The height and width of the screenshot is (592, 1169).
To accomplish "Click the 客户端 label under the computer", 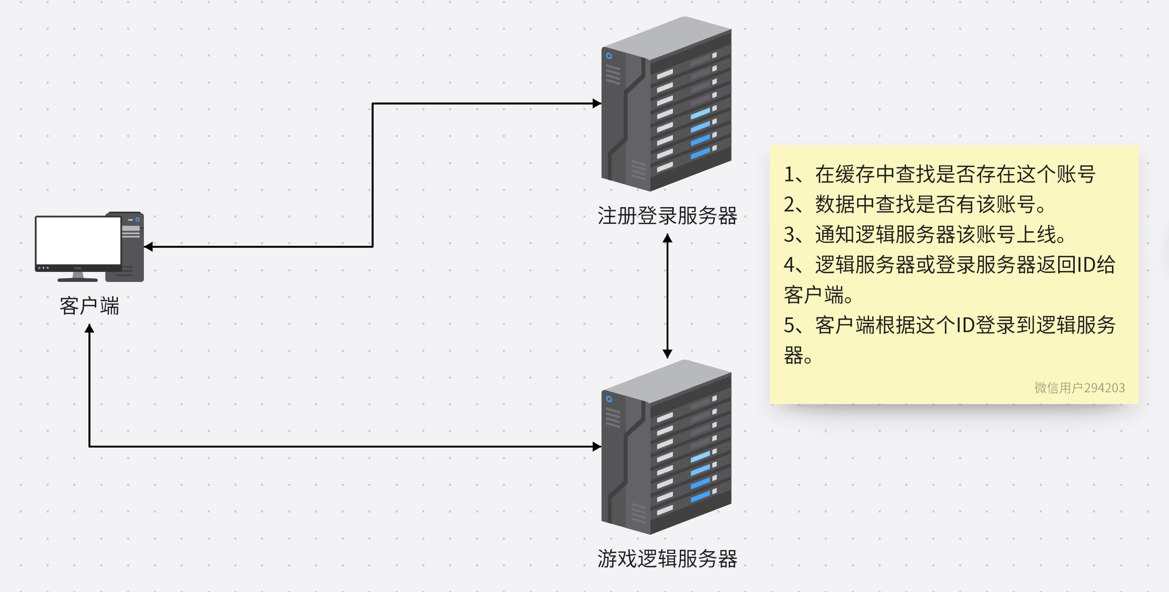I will pyautogui.click(x=89, y=306).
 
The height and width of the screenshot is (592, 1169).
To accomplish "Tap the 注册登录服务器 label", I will pyautogui.click(x=667, y=215).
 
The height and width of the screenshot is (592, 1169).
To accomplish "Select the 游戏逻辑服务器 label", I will pyautogui.click(x=667, y=559).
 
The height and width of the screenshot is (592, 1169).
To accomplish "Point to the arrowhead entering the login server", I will pyautogui.click(x=597, y=104).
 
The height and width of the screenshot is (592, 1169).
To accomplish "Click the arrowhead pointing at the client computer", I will pyautogui.click(x=149, y=246).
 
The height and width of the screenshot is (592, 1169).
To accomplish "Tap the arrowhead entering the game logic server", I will pyautogui.click(x=597, y=447).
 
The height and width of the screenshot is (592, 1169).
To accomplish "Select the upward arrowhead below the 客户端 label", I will pyautogui.click(x=89, y=328).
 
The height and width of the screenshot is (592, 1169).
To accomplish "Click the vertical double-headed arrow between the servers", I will pyautogui.click(x=667, y=295).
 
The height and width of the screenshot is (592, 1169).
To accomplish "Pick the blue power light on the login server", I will pyautogui.click(x=609, y=56).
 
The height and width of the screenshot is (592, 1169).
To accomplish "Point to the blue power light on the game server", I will pyautogui.click(x=609, y=399).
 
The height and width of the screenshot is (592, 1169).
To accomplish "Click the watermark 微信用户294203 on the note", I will pyautogui.click(x=1079, y=388).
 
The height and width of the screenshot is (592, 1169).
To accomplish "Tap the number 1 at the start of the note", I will pyautogui.click(x=789, y=175).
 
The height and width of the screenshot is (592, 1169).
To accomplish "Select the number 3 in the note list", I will pyautogui.click(x=789, y=235).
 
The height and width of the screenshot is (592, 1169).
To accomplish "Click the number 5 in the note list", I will pyautogui.click(x=789, y=325).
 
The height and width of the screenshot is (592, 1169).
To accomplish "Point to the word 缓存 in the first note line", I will pyautogui.click(x=855, y=175).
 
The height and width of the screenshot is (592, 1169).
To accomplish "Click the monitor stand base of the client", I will pyautogui.click(x=77, y=279).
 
